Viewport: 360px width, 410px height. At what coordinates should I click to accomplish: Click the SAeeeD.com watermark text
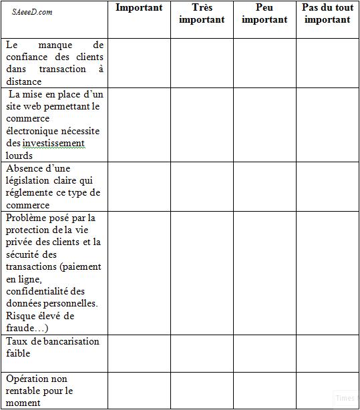coord(32,12)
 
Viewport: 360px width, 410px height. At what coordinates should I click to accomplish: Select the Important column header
coord(139,8)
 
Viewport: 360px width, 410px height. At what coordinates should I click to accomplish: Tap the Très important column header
coord(202,13)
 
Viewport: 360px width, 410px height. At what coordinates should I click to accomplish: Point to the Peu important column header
coord(264,13)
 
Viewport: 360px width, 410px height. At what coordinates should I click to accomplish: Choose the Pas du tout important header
coord(327,13)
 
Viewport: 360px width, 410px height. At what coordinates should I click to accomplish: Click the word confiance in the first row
coord(28,57)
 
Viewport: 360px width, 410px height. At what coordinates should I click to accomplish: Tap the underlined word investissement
coord(53,143)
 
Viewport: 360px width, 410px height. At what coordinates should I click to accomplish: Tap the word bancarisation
coord(67,341)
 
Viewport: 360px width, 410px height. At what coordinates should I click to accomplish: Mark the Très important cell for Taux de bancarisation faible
coord(202,353)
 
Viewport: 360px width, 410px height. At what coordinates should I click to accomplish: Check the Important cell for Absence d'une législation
coord(139,186)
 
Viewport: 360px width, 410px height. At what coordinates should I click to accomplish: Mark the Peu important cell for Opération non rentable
coord(264,390)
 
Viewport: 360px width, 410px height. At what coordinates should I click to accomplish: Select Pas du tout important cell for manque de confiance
coord(327,63)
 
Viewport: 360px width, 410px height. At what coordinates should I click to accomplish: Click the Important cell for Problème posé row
coord(139,273)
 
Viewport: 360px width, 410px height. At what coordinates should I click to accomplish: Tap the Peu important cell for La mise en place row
coord(264,125)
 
